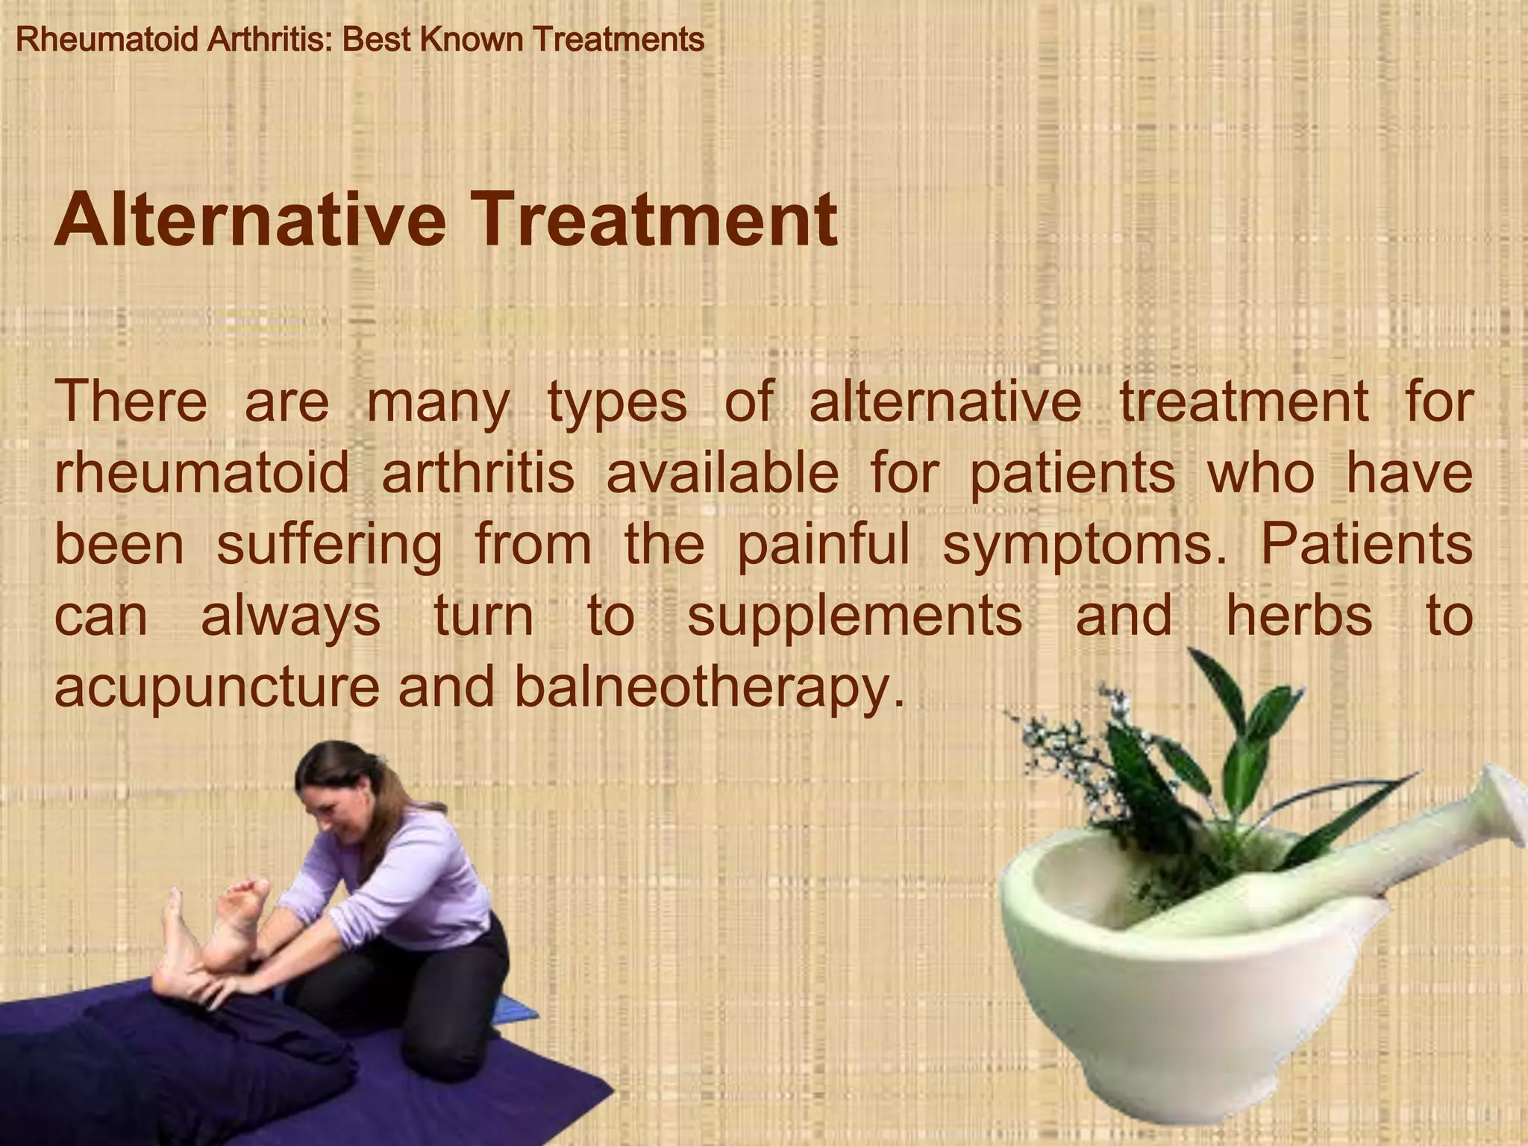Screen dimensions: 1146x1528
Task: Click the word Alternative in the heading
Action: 250,221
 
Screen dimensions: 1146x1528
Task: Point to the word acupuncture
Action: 217,687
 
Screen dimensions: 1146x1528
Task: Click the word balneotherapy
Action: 709,687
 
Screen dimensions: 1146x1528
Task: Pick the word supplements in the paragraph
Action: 854,617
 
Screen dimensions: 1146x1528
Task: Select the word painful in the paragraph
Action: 824,545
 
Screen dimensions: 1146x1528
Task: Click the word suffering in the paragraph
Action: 329,545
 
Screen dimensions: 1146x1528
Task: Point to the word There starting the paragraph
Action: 131,402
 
